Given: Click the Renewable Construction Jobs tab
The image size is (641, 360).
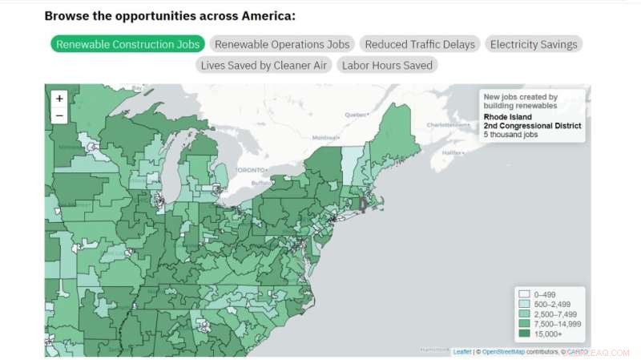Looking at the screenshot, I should (127, 44).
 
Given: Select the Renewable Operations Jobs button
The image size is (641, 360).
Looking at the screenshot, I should (282, 44).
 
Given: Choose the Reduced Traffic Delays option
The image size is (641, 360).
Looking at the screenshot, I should (420, 44).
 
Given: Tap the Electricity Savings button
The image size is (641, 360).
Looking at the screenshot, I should (534, 44).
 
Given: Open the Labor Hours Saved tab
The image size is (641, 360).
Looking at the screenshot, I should (387, 65).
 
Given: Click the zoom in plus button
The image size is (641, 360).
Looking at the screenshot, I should (59, 99).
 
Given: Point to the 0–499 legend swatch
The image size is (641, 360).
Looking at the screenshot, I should (524, 294).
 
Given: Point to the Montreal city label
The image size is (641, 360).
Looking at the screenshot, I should (325, 139).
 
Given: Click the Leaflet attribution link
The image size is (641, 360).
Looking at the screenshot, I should (462, 351).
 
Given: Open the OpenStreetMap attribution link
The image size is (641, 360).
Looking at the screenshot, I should (503, 351).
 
